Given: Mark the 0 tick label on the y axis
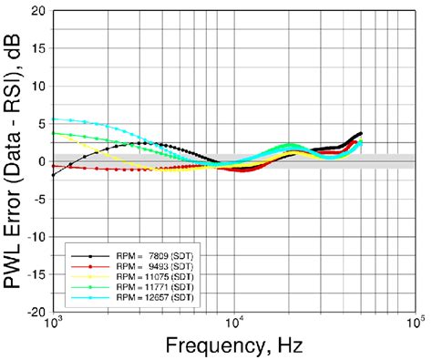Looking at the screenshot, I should [x=39, y=161].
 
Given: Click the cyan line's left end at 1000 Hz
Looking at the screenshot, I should [x=54, y=119].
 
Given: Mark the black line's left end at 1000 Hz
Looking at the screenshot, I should [x=54, y=174].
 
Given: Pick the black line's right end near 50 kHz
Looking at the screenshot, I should [x=362, y=133].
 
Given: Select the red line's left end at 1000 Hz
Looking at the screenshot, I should [x=54, y=166].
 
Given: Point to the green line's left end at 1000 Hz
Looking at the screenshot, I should [x=54, y=133].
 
